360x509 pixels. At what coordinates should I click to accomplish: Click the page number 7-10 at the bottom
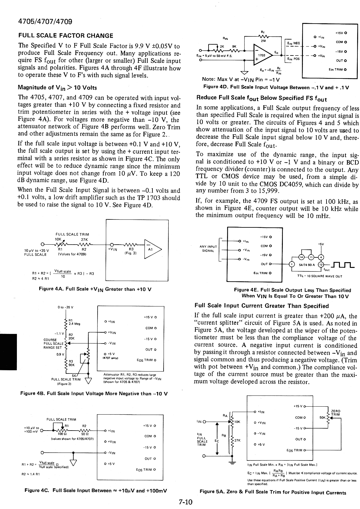pos(185,502)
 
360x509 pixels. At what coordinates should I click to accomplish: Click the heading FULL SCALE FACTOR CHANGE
pos(65,36)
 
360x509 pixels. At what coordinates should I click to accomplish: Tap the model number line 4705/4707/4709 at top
pos(45,22)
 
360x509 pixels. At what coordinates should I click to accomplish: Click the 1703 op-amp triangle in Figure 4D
pos(262,55)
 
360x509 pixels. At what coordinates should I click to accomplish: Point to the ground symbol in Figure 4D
pos(245,72)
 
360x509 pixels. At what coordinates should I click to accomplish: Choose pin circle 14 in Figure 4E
pos(301,257)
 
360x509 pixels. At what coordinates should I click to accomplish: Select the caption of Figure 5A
pos(273,492)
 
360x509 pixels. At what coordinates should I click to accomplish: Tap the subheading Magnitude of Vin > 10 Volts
pos(57,87)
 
